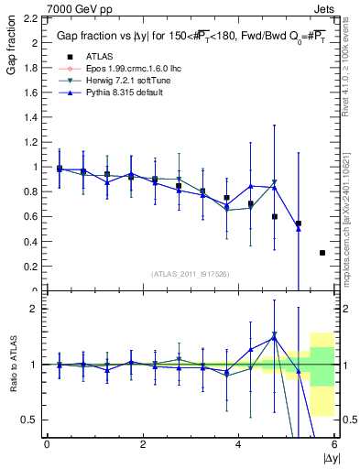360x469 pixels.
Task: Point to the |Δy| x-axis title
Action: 329,456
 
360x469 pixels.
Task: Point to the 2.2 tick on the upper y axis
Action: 31,18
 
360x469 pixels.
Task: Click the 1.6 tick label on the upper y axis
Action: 31,93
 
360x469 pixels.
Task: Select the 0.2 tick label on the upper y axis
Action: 31,267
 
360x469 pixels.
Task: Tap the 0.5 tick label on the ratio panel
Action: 31,420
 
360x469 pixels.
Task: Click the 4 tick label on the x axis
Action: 238,444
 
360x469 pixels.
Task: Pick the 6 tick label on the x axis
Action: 333,444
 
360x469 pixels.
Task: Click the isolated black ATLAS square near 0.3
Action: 322,253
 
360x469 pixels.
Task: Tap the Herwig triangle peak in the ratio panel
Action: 274,334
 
